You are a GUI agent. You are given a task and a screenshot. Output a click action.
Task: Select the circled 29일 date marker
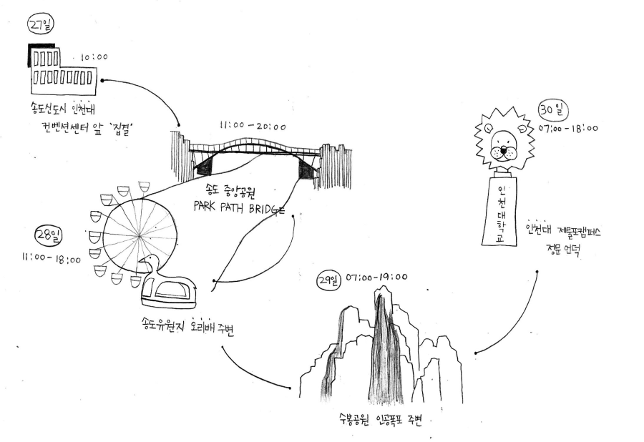[327, 278]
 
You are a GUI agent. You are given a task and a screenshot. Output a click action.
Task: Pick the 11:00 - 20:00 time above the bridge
[253, 127]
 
